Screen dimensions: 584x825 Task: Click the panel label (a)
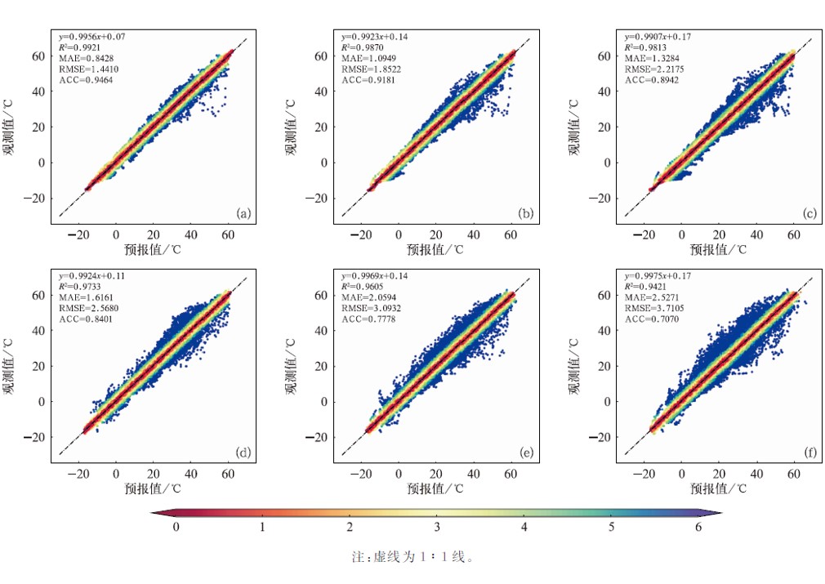[243, 214]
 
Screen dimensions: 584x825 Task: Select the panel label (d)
[243, 453]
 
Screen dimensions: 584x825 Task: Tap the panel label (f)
[809, 453]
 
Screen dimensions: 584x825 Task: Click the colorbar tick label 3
[437, 528]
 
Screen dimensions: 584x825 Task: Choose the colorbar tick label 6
[698, 528]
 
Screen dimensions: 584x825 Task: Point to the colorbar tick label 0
[176, 528]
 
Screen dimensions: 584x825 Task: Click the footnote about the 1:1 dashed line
[412, 557]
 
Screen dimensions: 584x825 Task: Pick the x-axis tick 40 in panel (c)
[756, 234]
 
